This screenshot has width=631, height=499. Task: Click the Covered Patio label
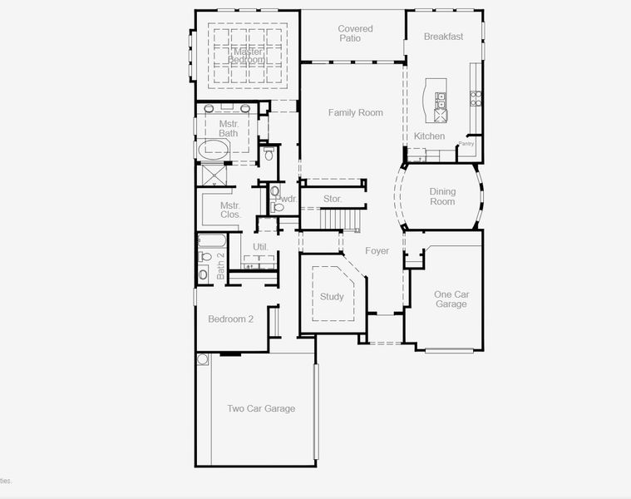click(355, 34)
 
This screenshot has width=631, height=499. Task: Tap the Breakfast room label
click(443, 37)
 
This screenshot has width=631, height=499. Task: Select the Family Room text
click(355, 112)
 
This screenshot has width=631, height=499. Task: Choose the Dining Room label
click(442, 196)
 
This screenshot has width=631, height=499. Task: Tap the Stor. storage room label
click(333, 199)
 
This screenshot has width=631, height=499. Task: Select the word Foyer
click(377, 250)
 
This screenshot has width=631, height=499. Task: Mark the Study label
click(332, 297)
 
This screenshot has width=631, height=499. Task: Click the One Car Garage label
click(451, 299)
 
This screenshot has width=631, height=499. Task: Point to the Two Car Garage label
click(261, 408)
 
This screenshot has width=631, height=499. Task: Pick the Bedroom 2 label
click(230, 319)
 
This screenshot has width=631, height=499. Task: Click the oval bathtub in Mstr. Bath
click(214, 150)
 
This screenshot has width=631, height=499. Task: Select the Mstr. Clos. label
click(230, 210)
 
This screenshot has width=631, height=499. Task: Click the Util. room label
click(260, 247)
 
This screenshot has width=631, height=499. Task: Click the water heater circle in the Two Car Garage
click(202, 359)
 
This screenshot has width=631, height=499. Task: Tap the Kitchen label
click(429, 136)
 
